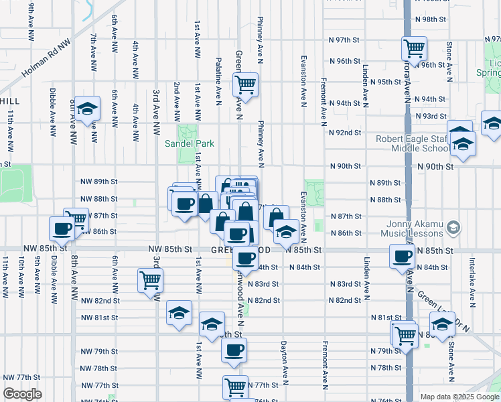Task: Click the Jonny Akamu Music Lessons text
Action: (414, 228)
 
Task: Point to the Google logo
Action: (22, 394)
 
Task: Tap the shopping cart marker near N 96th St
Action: (414, 48)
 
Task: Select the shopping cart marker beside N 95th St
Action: (245, 84)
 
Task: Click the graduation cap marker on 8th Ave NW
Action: (86, 109)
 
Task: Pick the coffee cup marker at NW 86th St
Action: (62, 228)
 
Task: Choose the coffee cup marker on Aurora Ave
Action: (403, 255)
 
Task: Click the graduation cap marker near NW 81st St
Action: (179, 312)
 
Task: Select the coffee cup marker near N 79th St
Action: (234, 350)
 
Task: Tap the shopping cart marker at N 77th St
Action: (235, 386)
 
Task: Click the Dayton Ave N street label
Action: (284, 365)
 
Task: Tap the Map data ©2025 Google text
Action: (459, 396)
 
